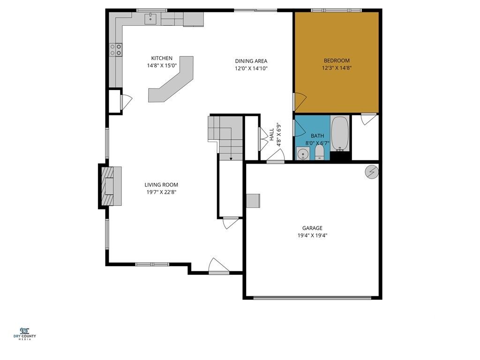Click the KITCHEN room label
158,58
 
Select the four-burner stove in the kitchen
116,50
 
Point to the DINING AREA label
251,61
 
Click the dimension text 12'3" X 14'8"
337,68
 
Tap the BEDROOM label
337,60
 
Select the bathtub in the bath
340,133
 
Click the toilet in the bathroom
320,152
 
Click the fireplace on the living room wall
110,187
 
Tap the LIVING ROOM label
161,185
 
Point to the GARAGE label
312,228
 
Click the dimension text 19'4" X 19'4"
312,236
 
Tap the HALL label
271,135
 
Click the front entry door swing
218,266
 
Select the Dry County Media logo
28,333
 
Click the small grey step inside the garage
253,200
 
